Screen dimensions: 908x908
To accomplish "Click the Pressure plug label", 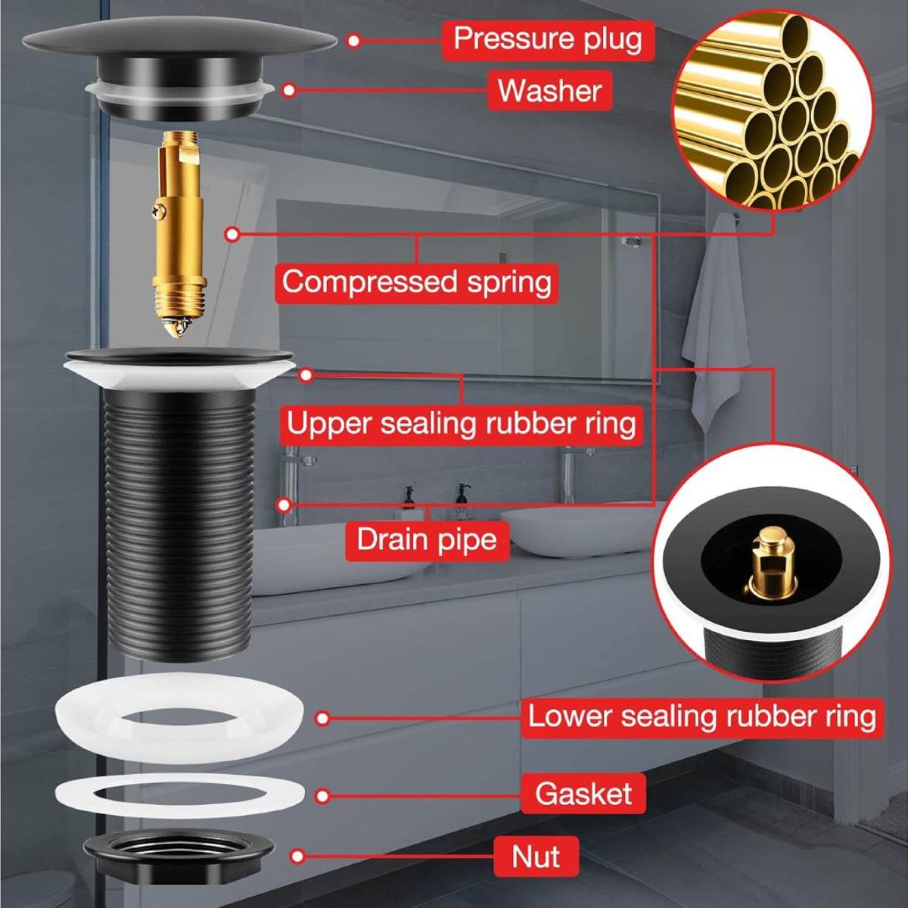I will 547,39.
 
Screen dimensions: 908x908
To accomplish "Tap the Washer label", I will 549,91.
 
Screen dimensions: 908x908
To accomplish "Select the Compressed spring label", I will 416,282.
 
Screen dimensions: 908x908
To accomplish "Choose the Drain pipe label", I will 427,540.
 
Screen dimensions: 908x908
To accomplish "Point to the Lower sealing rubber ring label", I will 701,716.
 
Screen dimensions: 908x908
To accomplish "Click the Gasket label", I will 583,794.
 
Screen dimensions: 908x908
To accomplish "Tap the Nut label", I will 536,857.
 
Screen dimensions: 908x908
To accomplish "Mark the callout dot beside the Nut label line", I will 298,857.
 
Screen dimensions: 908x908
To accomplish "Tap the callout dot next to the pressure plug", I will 354,40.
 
